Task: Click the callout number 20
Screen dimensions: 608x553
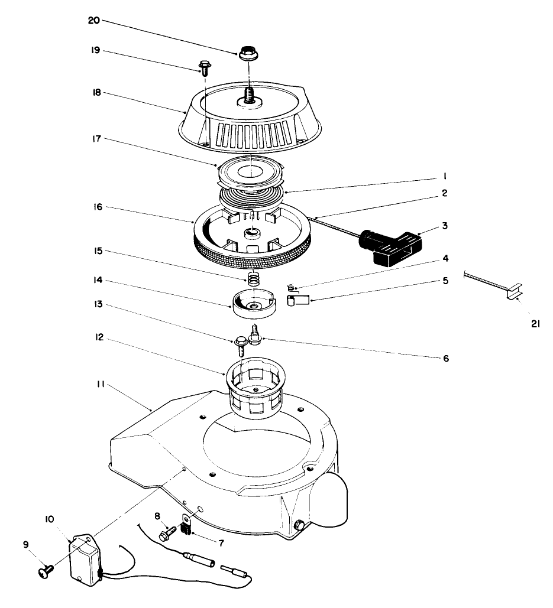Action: click(94, 20)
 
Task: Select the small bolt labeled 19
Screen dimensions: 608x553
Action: click(205, 67)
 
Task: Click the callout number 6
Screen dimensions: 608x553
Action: click(447, 358)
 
